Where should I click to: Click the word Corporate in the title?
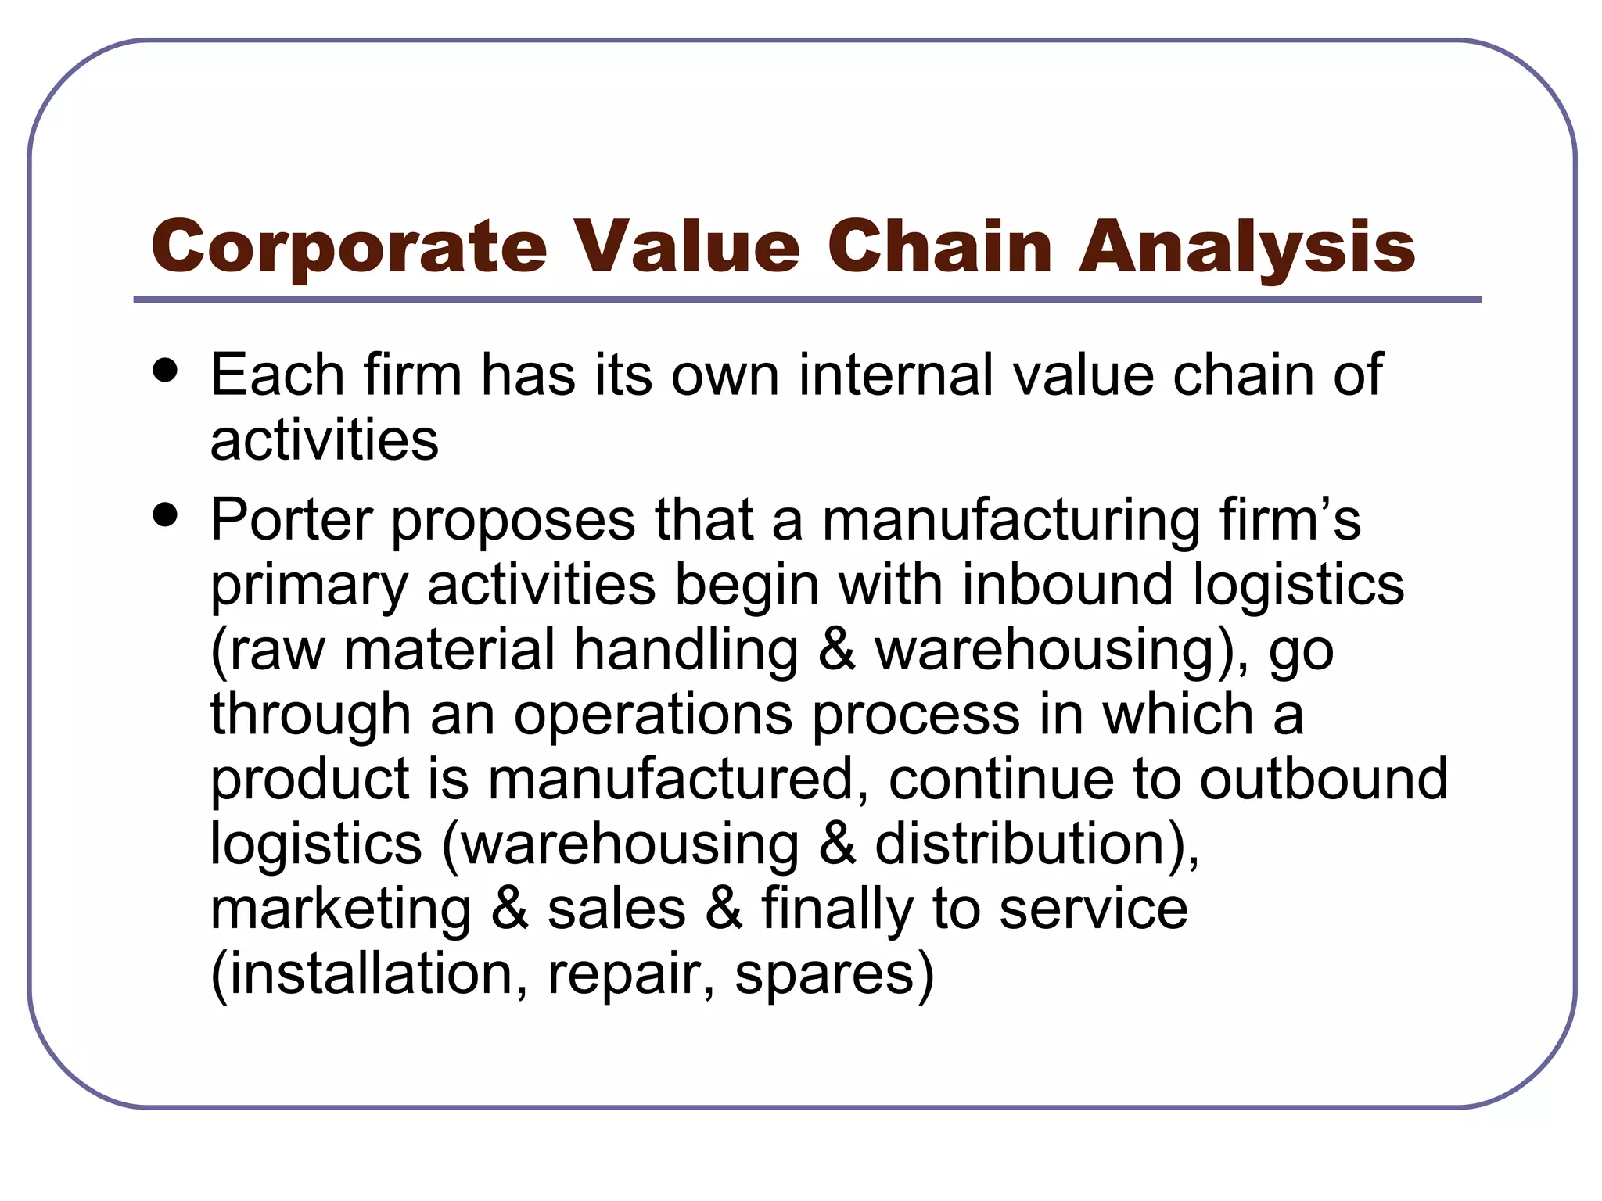[x=349, y=246]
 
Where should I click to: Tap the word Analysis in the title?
[x=1247, y=246]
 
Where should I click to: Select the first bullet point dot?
[x=166, y=370]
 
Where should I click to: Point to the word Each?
[x=277, y=375]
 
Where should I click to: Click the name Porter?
[x=290, y=520]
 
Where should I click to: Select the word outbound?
[x=1324, y=779]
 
